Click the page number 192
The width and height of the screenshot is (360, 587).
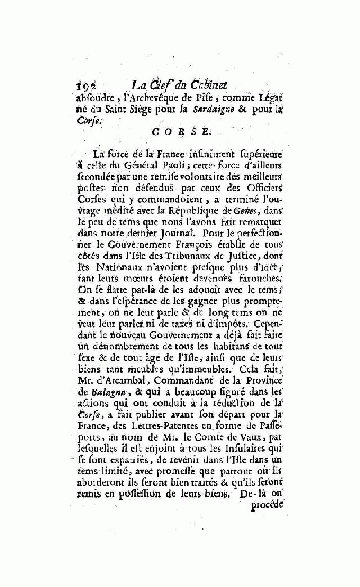pyautogui.click(x=86, y=86)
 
